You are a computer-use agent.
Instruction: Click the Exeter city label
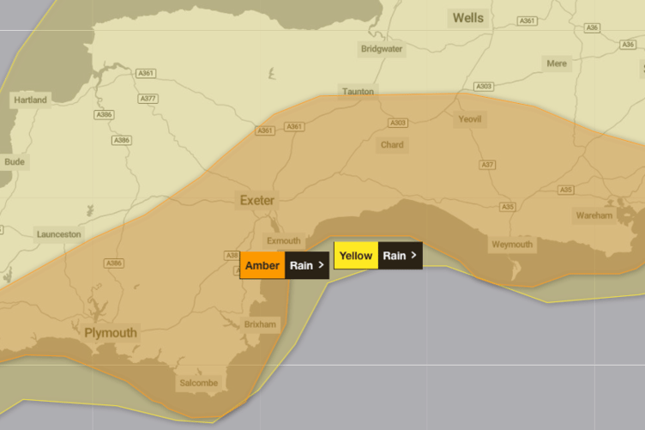257,200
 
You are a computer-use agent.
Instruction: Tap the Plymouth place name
111,332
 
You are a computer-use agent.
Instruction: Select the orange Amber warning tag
262,265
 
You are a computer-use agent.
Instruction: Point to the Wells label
468,17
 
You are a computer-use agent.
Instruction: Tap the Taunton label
358,91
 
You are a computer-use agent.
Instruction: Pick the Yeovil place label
471,119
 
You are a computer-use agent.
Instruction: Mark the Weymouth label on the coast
512,245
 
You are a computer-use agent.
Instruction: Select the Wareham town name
594,215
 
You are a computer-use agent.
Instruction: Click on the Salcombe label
198,383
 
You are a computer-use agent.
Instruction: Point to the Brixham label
261,324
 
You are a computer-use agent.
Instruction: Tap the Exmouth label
284,241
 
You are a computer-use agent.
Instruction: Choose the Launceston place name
59,233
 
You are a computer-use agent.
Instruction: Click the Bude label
15,161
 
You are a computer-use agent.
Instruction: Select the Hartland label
30,100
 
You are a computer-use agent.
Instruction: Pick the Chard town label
392,145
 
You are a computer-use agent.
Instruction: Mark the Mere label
556,64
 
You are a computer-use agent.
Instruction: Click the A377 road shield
148,99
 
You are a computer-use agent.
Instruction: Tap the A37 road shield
488,164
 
